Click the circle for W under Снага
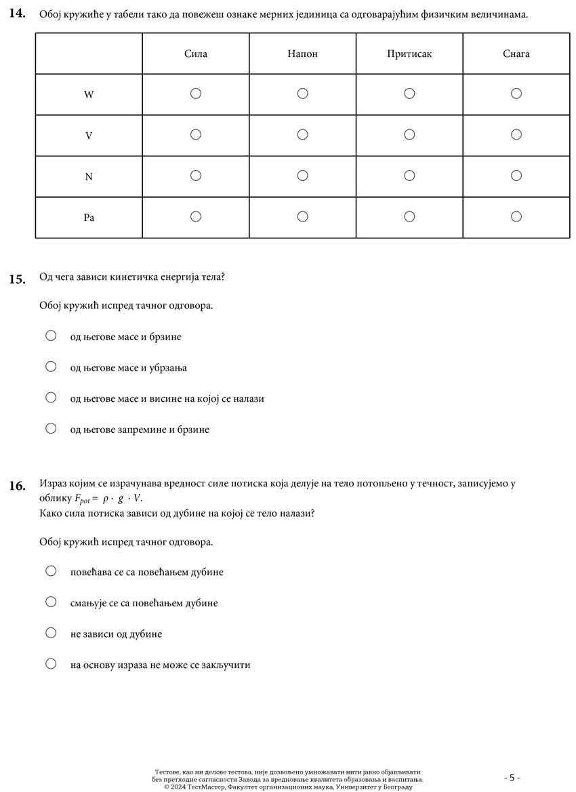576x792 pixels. (516, 93)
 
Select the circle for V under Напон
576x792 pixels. (303, 135)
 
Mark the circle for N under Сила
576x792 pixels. (196, 175)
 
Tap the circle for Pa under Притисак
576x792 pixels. (409, 217)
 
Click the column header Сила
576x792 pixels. (196, 54)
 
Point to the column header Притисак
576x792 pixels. (409, 54)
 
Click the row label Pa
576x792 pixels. (89, 217)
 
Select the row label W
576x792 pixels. (89, 95)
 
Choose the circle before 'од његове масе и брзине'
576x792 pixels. (51, 335)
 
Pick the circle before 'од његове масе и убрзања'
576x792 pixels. (51, 367)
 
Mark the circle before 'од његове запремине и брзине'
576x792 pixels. (51, 428)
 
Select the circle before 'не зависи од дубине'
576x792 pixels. (51, 633)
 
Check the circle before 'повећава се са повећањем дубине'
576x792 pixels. (51, 570)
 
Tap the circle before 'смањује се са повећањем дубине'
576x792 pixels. (51, 602)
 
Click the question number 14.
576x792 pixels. (18, 14)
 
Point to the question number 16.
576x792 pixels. (18, 486)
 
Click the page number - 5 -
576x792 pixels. (512, 777)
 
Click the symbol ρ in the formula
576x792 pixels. (106, 499)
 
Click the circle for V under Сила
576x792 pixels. (196, 135)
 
